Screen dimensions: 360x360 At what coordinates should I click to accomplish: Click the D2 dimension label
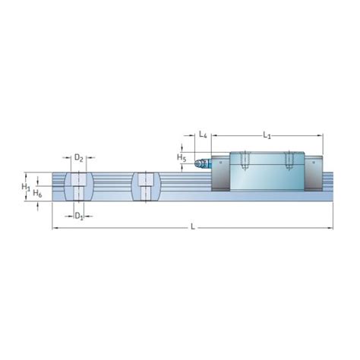coord(79,158)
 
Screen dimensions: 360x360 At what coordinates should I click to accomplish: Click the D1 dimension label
coord(79,216)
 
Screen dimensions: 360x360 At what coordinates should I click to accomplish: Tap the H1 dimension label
coord(26,186)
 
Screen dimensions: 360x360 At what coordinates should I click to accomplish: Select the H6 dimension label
coord(37,194)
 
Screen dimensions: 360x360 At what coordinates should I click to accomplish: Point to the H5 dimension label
coord(182,157)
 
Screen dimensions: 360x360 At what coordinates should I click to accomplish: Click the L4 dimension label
coord(203,134)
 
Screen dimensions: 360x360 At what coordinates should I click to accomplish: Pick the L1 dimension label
coord(267,134)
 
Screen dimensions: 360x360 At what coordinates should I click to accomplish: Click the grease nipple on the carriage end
coord(200,163)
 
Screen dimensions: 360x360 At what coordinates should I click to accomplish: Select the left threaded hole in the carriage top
coord(244,160)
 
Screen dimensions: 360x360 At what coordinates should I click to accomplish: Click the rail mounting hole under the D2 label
coord(79,187)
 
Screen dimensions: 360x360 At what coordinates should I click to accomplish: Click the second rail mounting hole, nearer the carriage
coord(146,187)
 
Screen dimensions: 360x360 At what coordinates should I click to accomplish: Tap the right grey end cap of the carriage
coord(315,173)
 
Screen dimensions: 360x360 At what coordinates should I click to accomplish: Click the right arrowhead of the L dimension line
coord(330,227)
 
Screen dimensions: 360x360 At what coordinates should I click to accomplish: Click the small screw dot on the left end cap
coord(216,162)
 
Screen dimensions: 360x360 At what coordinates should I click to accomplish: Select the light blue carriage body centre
coord(267,173)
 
